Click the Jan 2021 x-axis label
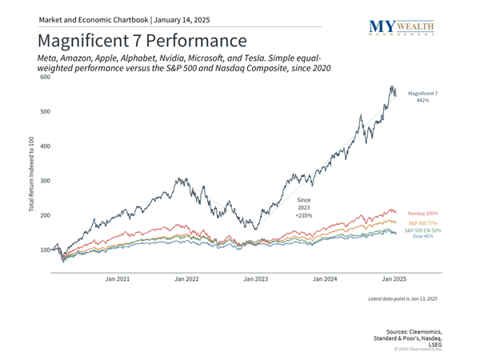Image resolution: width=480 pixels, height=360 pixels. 118,279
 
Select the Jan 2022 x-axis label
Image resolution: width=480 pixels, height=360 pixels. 186,279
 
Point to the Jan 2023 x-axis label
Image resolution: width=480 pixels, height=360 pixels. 255,279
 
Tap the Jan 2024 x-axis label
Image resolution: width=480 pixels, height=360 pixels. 324,279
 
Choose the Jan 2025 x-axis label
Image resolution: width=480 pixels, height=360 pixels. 393,279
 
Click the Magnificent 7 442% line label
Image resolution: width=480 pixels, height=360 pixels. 424,98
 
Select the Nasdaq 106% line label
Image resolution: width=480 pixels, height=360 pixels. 424,214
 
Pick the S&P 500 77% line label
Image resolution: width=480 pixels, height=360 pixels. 422,223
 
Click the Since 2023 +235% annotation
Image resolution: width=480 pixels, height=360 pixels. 303,207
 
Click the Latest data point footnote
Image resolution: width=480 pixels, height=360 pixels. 403,298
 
